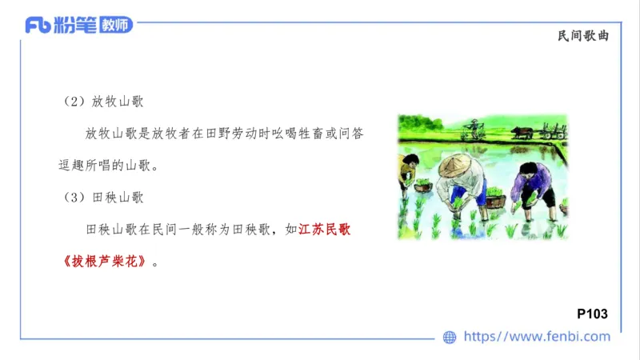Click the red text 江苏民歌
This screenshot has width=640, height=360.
[x=324, y=230]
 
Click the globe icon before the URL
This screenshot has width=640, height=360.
[x=450, y=337]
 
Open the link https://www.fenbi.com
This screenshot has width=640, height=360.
[x=537, y=337]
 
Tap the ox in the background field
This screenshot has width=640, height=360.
[x=523, y=131]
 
